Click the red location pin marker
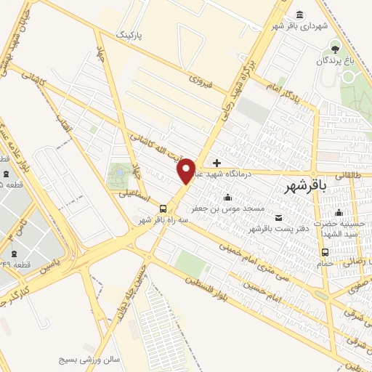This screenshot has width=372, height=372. tap(187, 170)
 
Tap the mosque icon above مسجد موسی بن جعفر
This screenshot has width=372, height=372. tap(228, 197)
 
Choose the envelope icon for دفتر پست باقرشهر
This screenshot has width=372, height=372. tap(279, 217)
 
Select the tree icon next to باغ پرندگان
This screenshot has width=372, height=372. tap(335, 49)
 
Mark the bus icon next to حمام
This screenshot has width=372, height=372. tap(324, 253)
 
